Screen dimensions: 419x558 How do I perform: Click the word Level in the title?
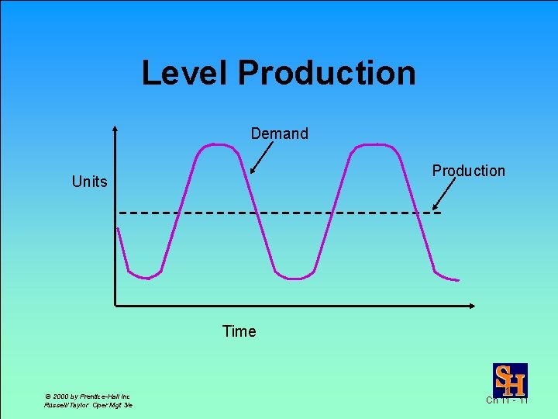tap(186, 73)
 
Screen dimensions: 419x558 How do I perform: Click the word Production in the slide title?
tap(326, 73)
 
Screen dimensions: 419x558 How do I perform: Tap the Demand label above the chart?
tap(279, 133)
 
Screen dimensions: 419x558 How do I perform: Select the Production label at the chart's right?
tap(468, 171)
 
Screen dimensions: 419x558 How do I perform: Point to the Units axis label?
tap(89, 182)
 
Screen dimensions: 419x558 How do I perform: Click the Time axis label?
tap(239, 331)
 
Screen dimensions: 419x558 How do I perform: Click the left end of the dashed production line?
tap(122, 212)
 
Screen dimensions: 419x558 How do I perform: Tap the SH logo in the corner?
tap(510, 379)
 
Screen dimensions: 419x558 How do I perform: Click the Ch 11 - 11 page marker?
tap(507, 400)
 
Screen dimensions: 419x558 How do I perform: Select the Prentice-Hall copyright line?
tap(87, 396)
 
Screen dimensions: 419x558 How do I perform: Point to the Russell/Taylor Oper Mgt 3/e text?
tap(88, 405)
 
